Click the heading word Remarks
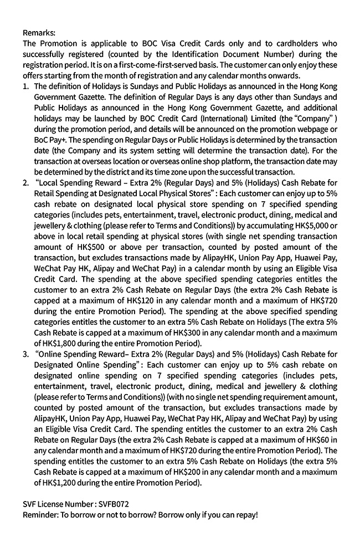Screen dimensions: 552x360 (39, 33)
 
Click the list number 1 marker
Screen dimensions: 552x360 (26, 86)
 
